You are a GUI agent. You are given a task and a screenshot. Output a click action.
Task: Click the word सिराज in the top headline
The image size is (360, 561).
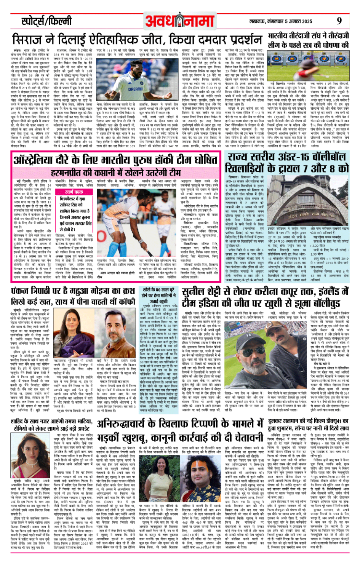tap(27, 39)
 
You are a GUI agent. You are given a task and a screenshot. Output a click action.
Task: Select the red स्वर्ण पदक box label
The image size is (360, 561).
tap(74, 192)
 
